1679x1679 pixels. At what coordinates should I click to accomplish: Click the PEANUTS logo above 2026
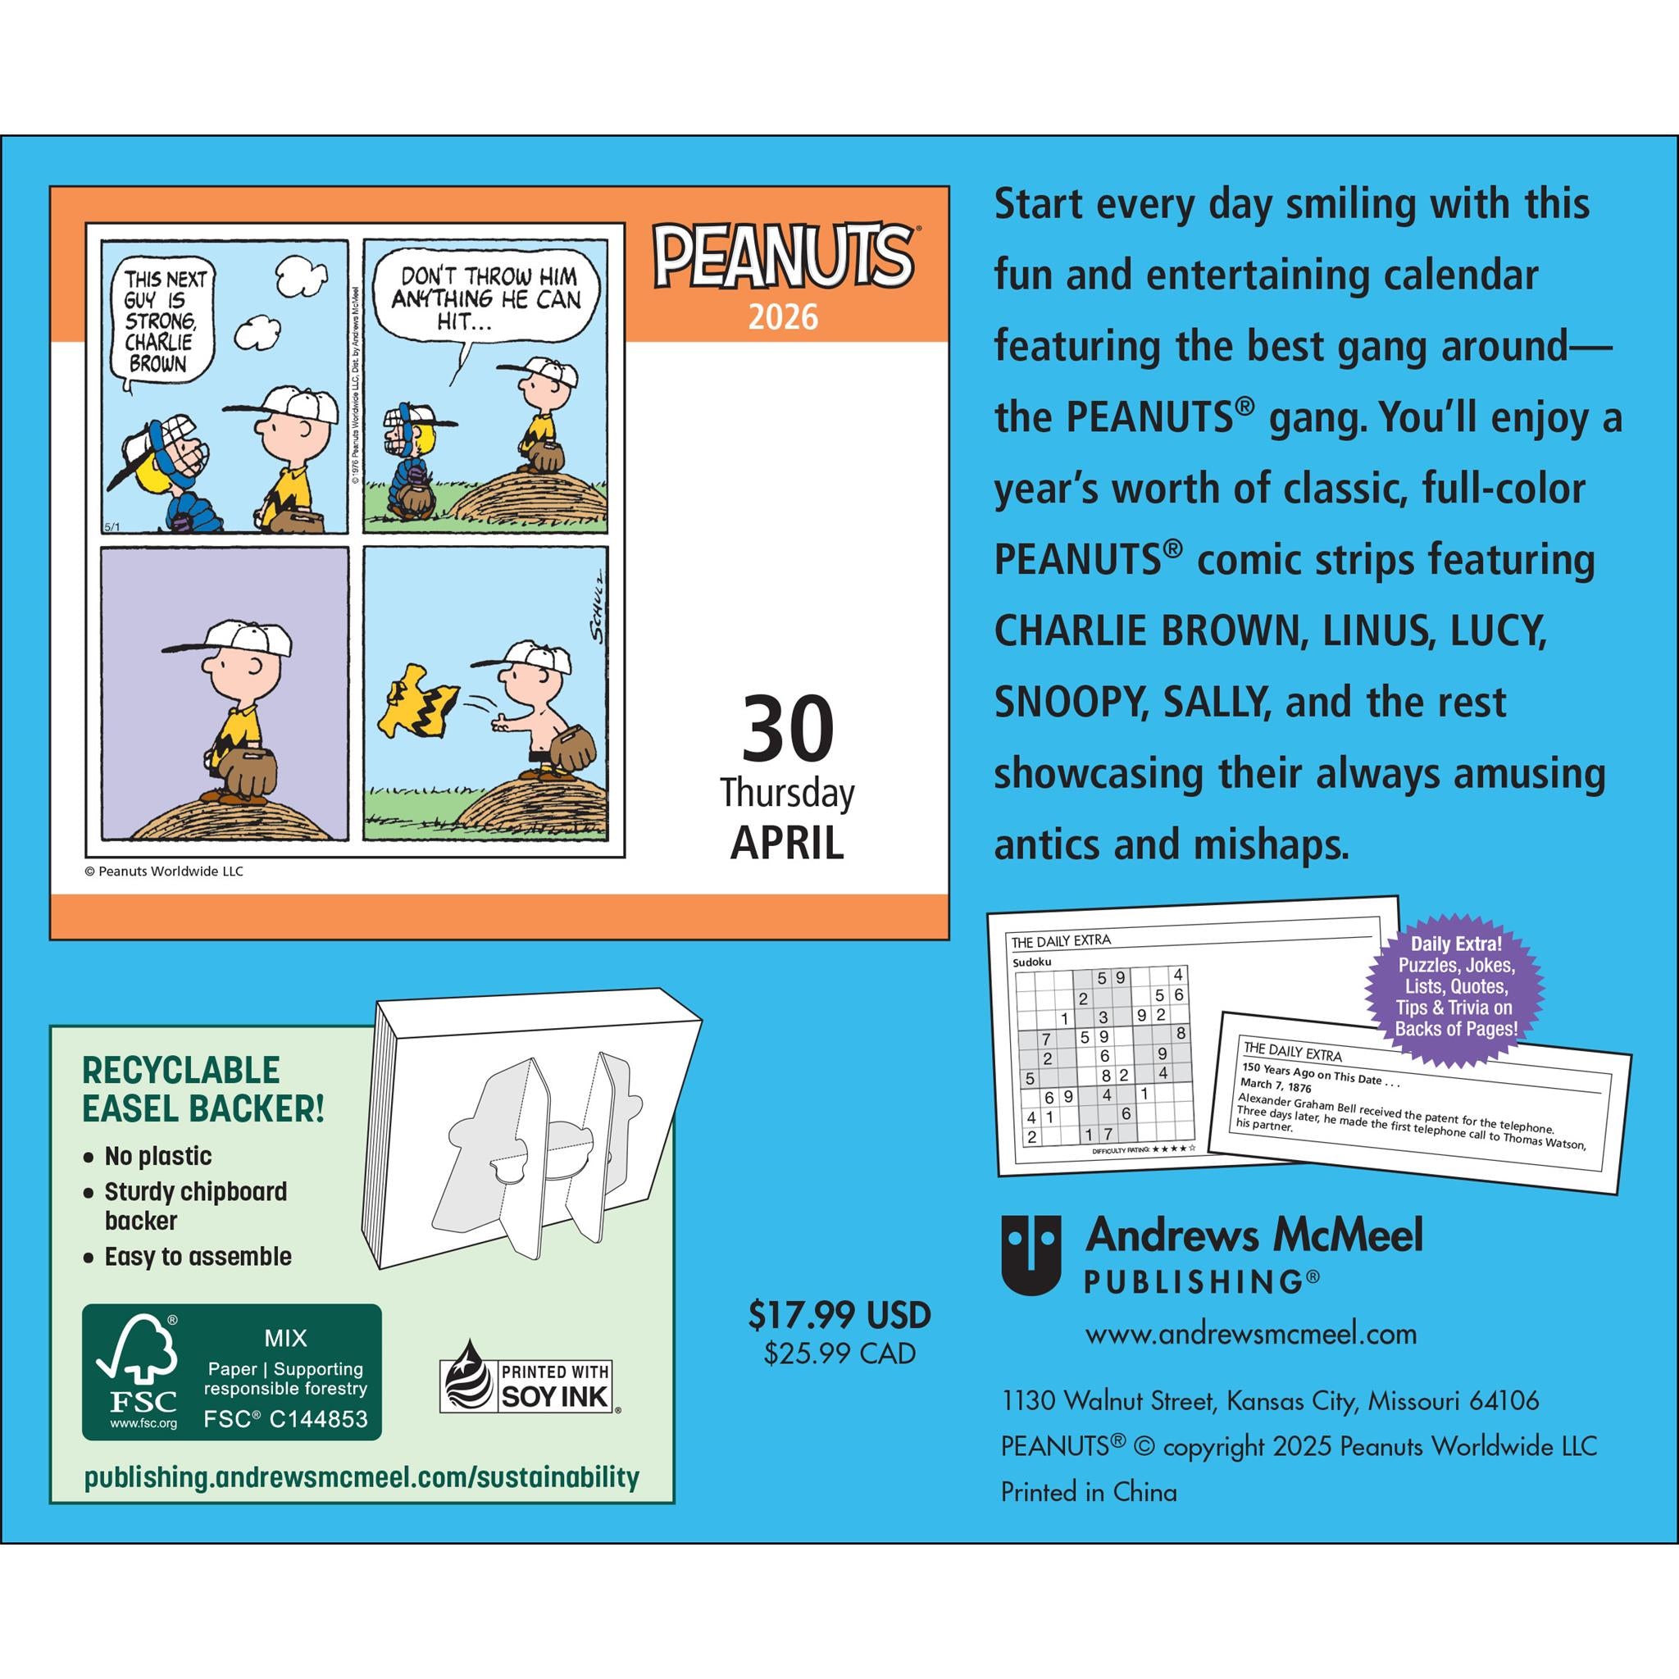point(783,258)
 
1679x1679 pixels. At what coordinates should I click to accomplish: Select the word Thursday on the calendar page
point(786,794)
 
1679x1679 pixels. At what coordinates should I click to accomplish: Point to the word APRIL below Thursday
point(786,842)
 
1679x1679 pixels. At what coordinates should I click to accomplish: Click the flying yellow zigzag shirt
point(420,697)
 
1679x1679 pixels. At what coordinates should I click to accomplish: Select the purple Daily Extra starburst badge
point(1456,985)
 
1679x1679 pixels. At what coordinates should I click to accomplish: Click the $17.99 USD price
point(839,1315)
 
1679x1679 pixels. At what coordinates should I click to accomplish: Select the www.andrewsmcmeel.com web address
point(1250,1334)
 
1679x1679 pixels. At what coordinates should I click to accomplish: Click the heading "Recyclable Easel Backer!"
point(203,1089)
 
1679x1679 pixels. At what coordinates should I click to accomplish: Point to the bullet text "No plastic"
point(158,1156)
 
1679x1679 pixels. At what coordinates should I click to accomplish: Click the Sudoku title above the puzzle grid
point(1032,962)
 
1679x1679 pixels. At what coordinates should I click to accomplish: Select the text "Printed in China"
point(1089,1492)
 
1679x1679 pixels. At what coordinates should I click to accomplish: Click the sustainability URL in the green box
point(362,1477)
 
